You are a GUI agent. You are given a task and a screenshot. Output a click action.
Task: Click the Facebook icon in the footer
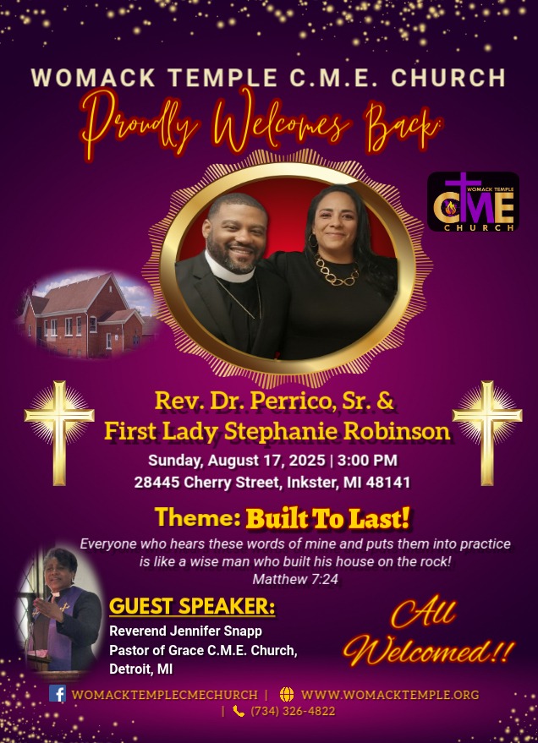coord(58,693)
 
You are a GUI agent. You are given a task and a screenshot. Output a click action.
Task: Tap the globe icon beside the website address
coord(286,694)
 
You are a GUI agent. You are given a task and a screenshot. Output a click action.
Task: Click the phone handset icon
coord(239,711)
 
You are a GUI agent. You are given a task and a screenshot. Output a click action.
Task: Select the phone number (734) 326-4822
coord(293,711)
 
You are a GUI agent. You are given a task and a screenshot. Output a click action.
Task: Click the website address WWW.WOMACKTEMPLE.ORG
coord(390,695)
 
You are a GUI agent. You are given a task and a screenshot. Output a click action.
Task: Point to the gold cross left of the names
coord(59,433)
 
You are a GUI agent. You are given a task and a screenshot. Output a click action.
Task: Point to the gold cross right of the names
coord(487,433)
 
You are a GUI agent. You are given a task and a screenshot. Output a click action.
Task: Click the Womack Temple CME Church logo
coord(473,202)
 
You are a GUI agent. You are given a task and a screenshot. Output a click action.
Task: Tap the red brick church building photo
coord(87,314)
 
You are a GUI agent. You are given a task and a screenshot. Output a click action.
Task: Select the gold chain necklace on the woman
coord(336,271)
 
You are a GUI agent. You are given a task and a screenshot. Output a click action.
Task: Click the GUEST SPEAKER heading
coord(192,607)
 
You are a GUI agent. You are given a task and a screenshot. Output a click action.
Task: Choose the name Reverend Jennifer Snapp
coord(185,631)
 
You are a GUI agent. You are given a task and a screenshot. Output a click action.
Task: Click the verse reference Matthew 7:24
coord(295,579)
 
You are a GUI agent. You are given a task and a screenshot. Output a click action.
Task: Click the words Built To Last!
coord(327,518)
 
